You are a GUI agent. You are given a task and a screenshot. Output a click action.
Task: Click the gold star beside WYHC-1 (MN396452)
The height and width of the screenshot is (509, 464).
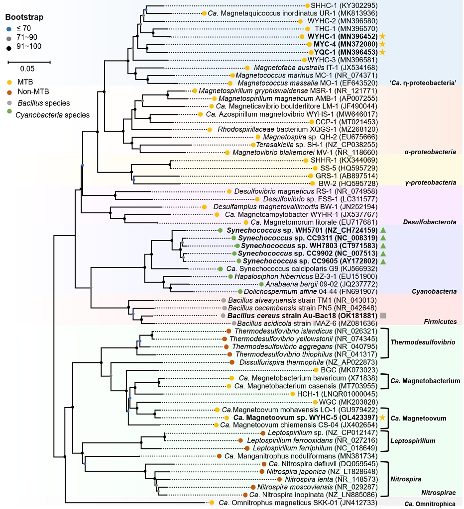pos(382,36)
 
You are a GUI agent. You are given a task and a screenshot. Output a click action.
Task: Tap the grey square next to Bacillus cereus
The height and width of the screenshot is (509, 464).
pos(383,316)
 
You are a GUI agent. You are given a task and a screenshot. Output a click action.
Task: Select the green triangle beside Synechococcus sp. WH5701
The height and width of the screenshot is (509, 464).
pos(383,230)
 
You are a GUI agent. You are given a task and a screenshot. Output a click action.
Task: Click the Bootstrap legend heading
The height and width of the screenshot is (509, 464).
pos(25,17)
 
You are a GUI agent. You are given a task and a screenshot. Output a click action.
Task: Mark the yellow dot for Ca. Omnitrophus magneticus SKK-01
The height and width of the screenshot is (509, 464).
pos(212,503)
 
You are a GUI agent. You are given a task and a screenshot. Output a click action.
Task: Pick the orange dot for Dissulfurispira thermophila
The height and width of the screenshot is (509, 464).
pos(232,362)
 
